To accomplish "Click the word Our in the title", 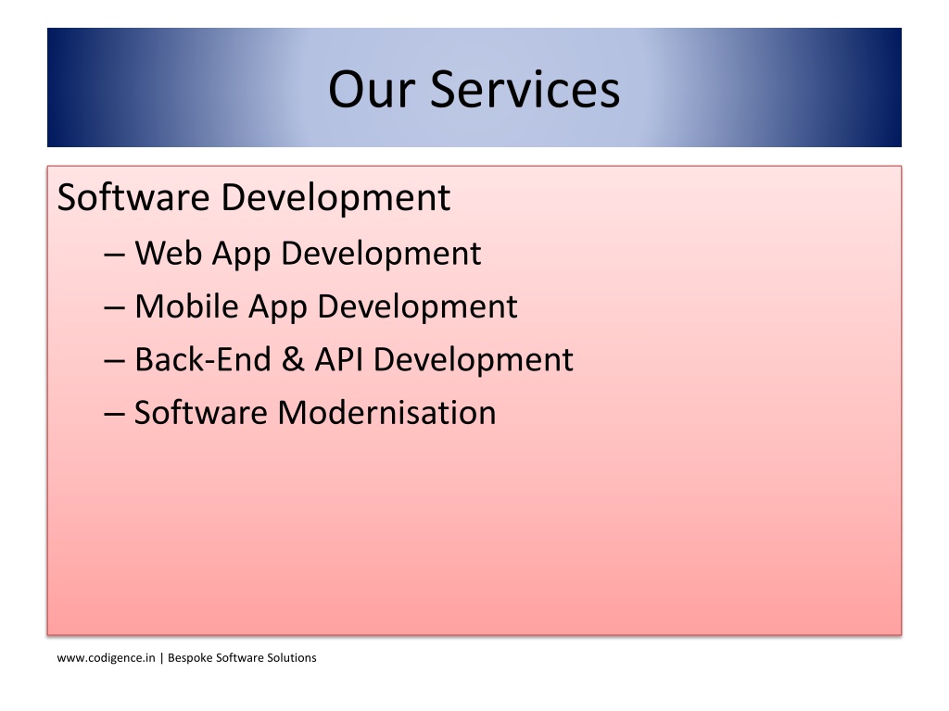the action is [x=372, y=89].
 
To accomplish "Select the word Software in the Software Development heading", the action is [x=133, y=197].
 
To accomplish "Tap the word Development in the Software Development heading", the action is [x=335, y=198].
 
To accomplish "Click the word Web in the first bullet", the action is [x=169, y=253].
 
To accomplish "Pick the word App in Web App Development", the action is [x=241, y=255].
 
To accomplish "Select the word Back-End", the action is [x=203, y=359].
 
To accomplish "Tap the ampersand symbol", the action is [x=292, y=359].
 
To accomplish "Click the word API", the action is [x=338, y=359].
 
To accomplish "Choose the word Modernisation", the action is [x=386, y=412].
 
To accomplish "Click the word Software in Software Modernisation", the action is [x=201, y=412].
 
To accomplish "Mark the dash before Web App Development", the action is [x=114, y=256].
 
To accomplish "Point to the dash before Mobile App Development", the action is [x=114, y=308].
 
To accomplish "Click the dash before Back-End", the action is [x=114, y=362].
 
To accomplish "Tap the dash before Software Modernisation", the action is [x=114, y=415].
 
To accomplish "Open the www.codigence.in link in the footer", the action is [x=106, y=658].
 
